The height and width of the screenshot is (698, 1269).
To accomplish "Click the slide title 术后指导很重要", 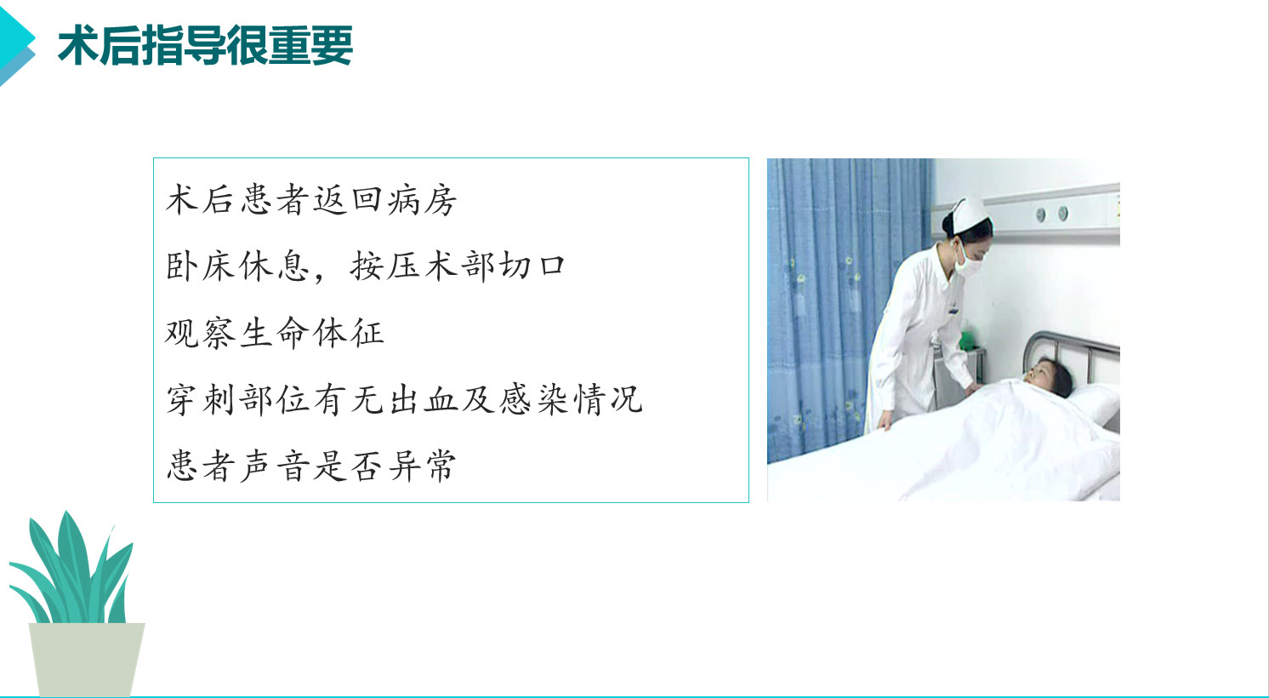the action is coord(205,45).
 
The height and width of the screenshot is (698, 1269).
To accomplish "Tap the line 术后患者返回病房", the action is coord(311,200).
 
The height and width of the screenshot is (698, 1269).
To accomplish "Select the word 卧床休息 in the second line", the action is coord(237,266).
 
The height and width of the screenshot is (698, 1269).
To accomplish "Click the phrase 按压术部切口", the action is coord(458,266).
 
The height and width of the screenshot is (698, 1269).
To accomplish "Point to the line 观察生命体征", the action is coord(275,333).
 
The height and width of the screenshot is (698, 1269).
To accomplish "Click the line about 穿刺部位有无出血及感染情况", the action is coord(404,399).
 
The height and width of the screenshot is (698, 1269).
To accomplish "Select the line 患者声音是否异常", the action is coord(311,466).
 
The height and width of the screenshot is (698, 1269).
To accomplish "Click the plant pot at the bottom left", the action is coord(86,659).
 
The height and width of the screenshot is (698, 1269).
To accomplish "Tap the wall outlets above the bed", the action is coord(1052,214).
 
